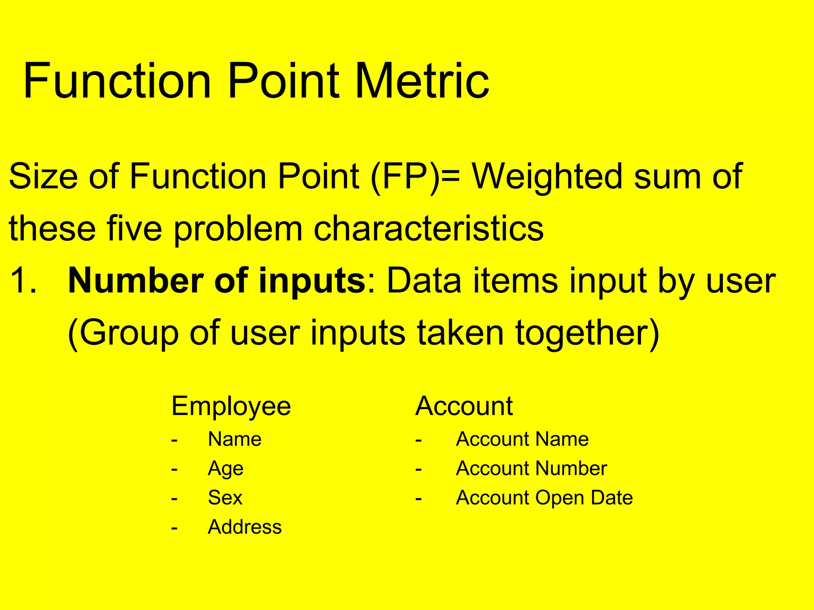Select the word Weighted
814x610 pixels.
(x=547, y=177)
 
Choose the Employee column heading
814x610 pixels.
(x=231, y=406)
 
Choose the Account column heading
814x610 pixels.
(x=464, y=406)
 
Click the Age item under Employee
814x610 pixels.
(x=225, y=469)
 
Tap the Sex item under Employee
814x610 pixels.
(x=225, y=498)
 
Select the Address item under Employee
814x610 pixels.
(x=244, y=527)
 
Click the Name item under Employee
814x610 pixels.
(x=235, y=439)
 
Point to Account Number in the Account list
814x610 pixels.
(x=531, y=469)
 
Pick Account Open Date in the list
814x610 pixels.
(x=544, y=498)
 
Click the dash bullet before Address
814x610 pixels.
(x=174, y=528)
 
